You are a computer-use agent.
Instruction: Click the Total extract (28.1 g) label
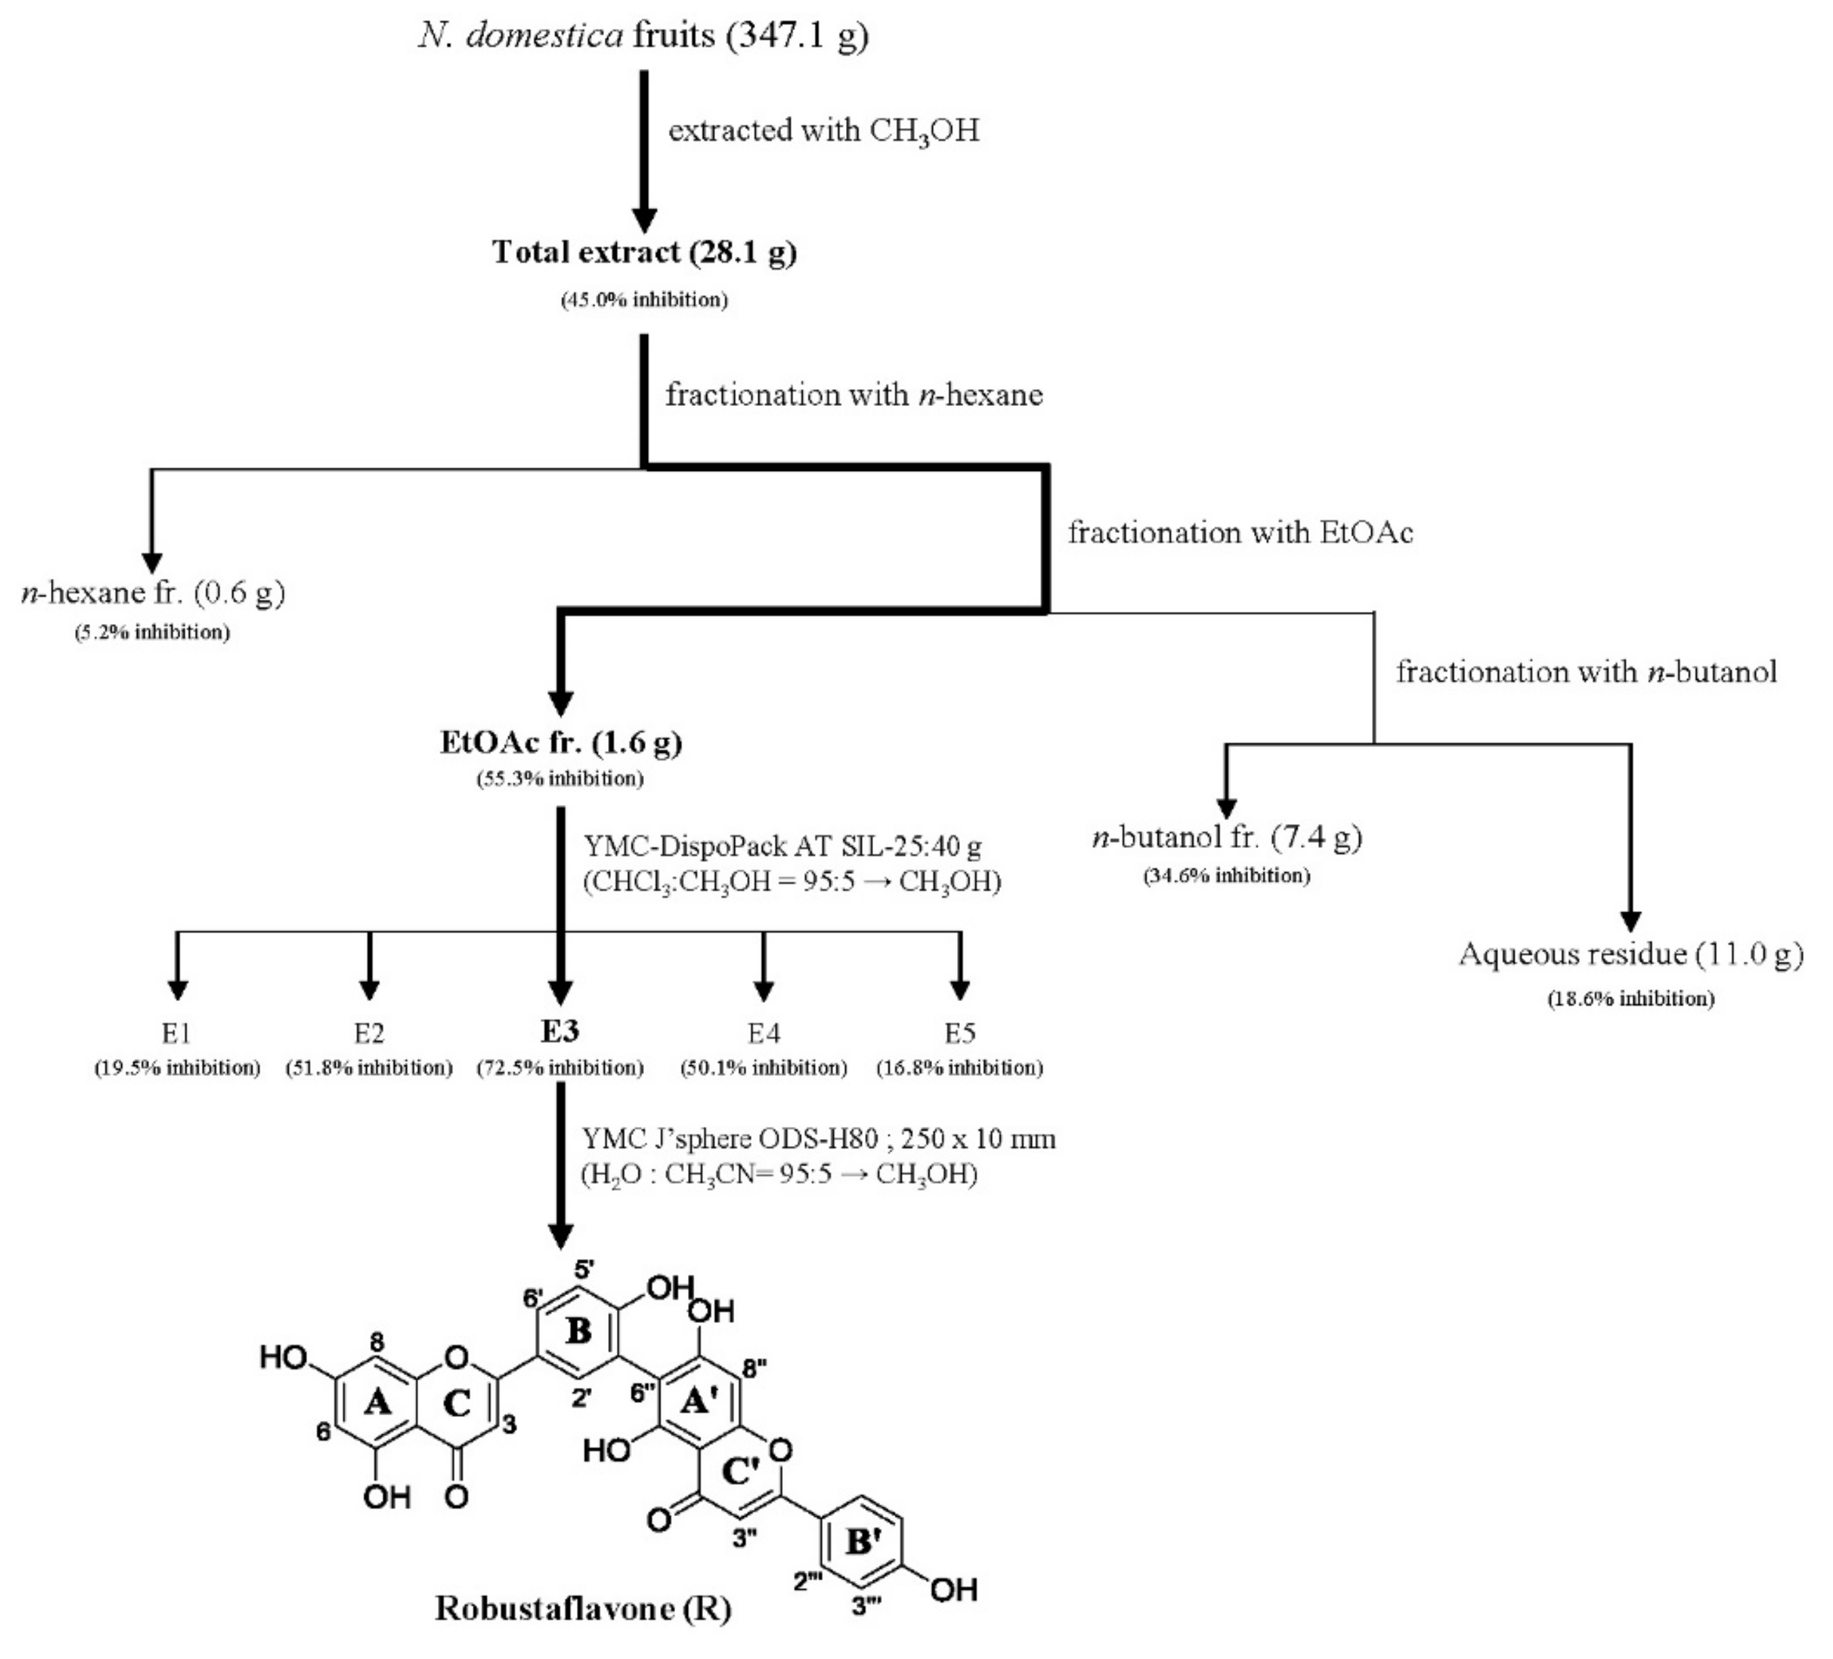pos(644,252)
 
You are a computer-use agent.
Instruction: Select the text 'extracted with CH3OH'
pos(824,131)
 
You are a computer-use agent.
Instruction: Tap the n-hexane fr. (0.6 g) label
pos(153,593)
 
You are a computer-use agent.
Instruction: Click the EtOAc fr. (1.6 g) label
pos(561,743)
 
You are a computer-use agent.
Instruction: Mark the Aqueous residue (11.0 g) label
pos(1631,954)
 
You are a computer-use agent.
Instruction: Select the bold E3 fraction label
pos(560,1031)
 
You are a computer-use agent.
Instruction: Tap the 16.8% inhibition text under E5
pos(959,1067)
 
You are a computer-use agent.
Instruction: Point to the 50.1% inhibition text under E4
pos(764,1067)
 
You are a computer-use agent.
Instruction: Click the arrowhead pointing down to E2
pos(369,988)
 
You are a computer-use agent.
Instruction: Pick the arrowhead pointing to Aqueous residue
pos(1631,920)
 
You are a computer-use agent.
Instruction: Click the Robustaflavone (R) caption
pos(583,1608)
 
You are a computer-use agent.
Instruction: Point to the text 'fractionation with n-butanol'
pos(1586,672)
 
